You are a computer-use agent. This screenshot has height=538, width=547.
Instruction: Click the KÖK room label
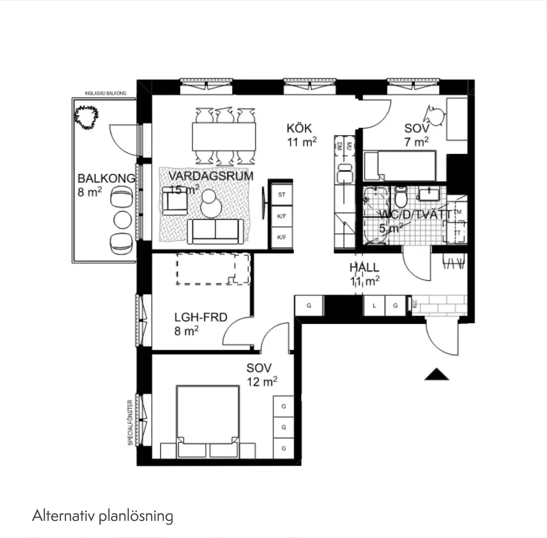tap(299, 128)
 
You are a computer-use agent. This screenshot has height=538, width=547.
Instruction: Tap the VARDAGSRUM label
tap(211, 176)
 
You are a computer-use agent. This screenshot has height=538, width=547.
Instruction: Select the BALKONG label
tap(106, 178)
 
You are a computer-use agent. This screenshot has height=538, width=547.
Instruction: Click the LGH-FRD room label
tap(201, 317)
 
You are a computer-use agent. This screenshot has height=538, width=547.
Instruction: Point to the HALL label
tap(364, 267)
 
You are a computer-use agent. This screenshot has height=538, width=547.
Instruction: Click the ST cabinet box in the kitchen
tap(282, 195)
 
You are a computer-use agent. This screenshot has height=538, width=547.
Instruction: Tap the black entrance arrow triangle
tap(437, 375)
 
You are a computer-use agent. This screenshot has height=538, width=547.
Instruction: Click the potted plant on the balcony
tap(86, 117)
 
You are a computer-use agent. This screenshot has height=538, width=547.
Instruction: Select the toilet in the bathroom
tap(401, 197)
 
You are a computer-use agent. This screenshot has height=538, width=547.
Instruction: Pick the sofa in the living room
tap(215, 231)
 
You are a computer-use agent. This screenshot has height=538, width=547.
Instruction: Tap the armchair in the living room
tap(175, 201)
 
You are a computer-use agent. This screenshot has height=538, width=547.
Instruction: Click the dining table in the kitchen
tap(224, 136)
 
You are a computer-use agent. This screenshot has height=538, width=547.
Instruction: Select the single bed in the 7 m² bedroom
tap(400, 166)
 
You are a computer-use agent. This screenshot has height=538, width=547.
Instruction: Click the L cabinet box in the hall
tap(374, 306)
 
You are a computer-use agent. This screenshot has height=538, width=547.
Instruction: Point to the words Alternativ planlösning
tap(103, 516)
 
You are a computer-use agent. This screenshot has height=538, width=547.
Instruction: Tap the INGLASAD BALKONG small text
tap(105, 93)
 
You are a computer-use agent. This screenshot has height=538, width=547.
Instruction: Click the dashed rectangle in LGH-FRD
tap(213, 269)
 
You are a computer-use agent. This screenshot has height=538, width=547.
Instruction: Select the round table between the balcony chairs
tap(123, 220)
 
